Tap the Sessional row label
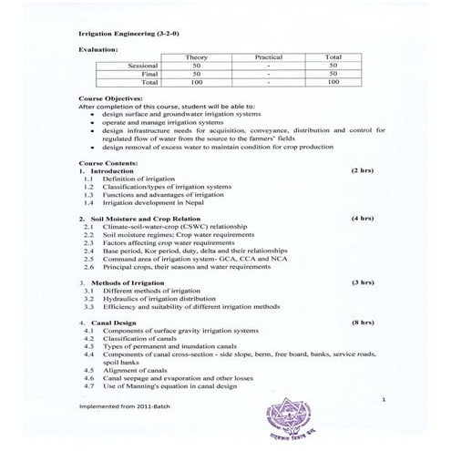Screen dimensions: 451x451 click(x=144, y=66)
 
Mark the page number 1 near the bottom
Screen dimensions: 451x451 click(x=384, y=398)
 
